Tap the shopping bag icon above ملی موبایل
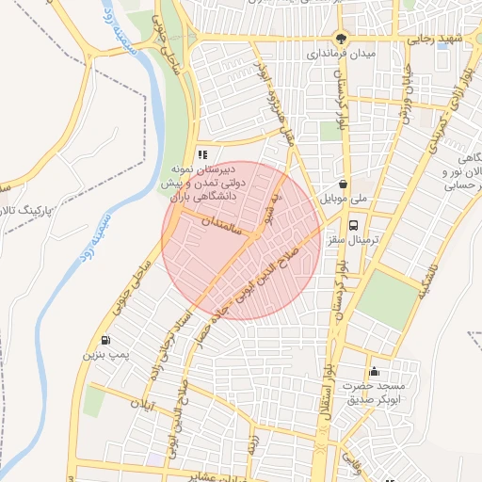(345, 184)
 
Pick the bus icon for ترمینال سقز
(354, 225)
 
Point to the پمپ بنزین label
(103, 357)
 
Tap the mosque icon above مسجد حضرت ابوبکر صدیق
(375, 370)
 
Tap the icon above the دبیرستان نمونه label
(201, 154)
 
